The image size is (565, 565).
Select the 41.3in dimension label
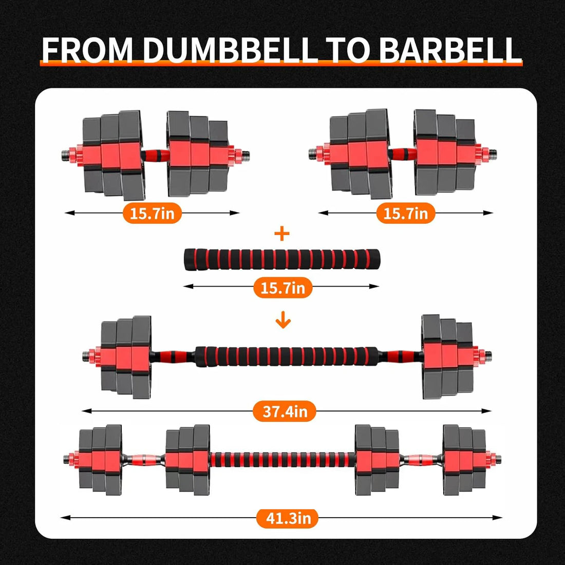click(288, 518)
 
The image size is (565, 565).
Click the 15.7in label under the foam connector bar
click(282, 288)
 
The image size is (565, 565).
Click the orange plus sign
click(282, 234)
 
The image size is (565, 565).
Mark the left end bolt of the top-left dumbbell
click(65, 153)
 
